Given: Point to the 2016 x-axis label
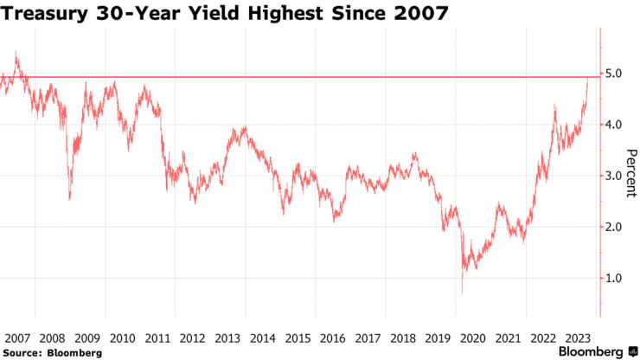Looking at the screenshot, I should (x=332, y=337).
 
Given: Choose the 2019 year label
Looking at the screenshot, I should (x=438, y=337).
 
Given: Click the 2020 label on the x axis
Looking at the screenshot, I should (x=474, y=337).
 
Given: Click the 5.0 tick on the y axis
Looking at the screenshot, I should (x=613, y=74).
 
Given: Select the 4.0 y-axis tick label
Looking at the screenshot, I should (x=613, y=125).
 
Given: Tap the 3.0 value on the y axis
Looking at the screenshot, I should (x=613, y=176).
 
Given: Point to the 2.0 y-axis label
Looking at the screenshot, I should (x=613, y=227).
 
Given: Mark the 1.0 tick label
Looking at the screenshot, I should (x=613, y=278).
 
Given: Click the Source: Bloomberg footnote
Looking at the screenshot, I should (x=52, y=352).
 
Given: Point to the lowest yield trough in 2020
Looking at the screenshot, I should (x=462, y=292).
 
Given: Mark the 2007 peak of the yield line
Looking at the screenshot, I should (x=16, y=53).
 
